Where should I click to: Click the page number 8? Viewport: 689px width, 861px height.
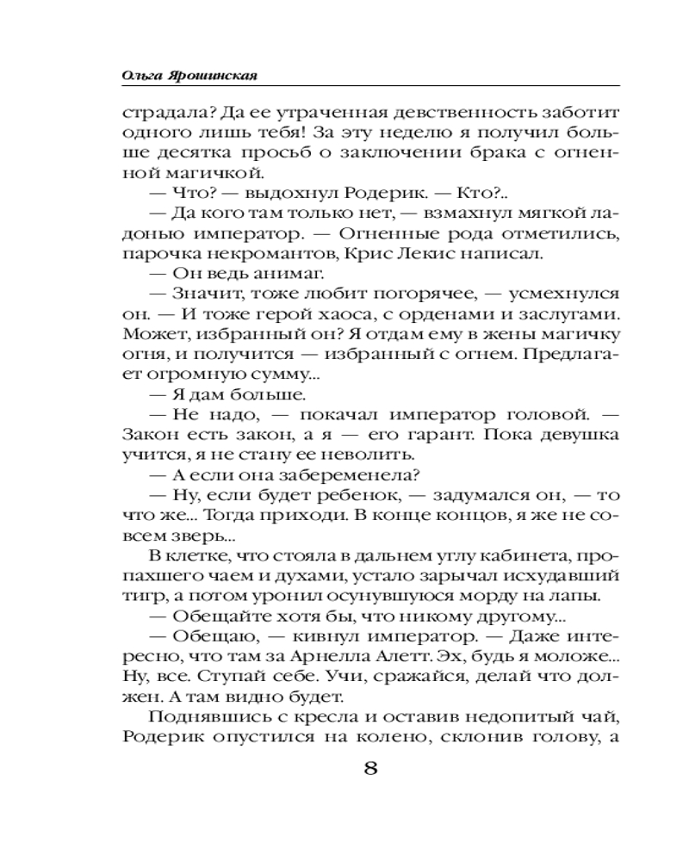pos(371,769)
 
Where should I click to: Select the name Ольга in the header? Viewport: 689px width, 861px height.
pos(140,74)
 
